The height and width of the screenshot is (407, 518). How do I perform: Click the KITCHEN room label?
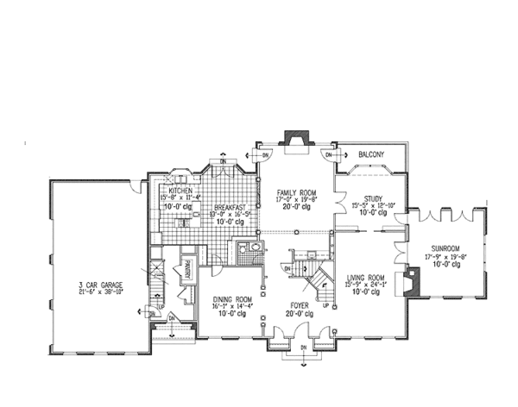(x=180, y=190)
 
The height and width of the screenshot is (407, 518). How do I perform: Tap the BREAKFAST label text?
(x=229, y=207)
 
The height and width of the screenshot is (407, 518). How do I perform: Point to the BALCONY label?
(x=370, y=154)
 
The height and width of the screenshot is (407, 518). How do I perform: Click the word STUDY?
(x=373, y=197)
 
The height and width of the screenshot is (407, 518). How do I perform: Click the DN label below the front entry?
(x=304, y=347)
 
